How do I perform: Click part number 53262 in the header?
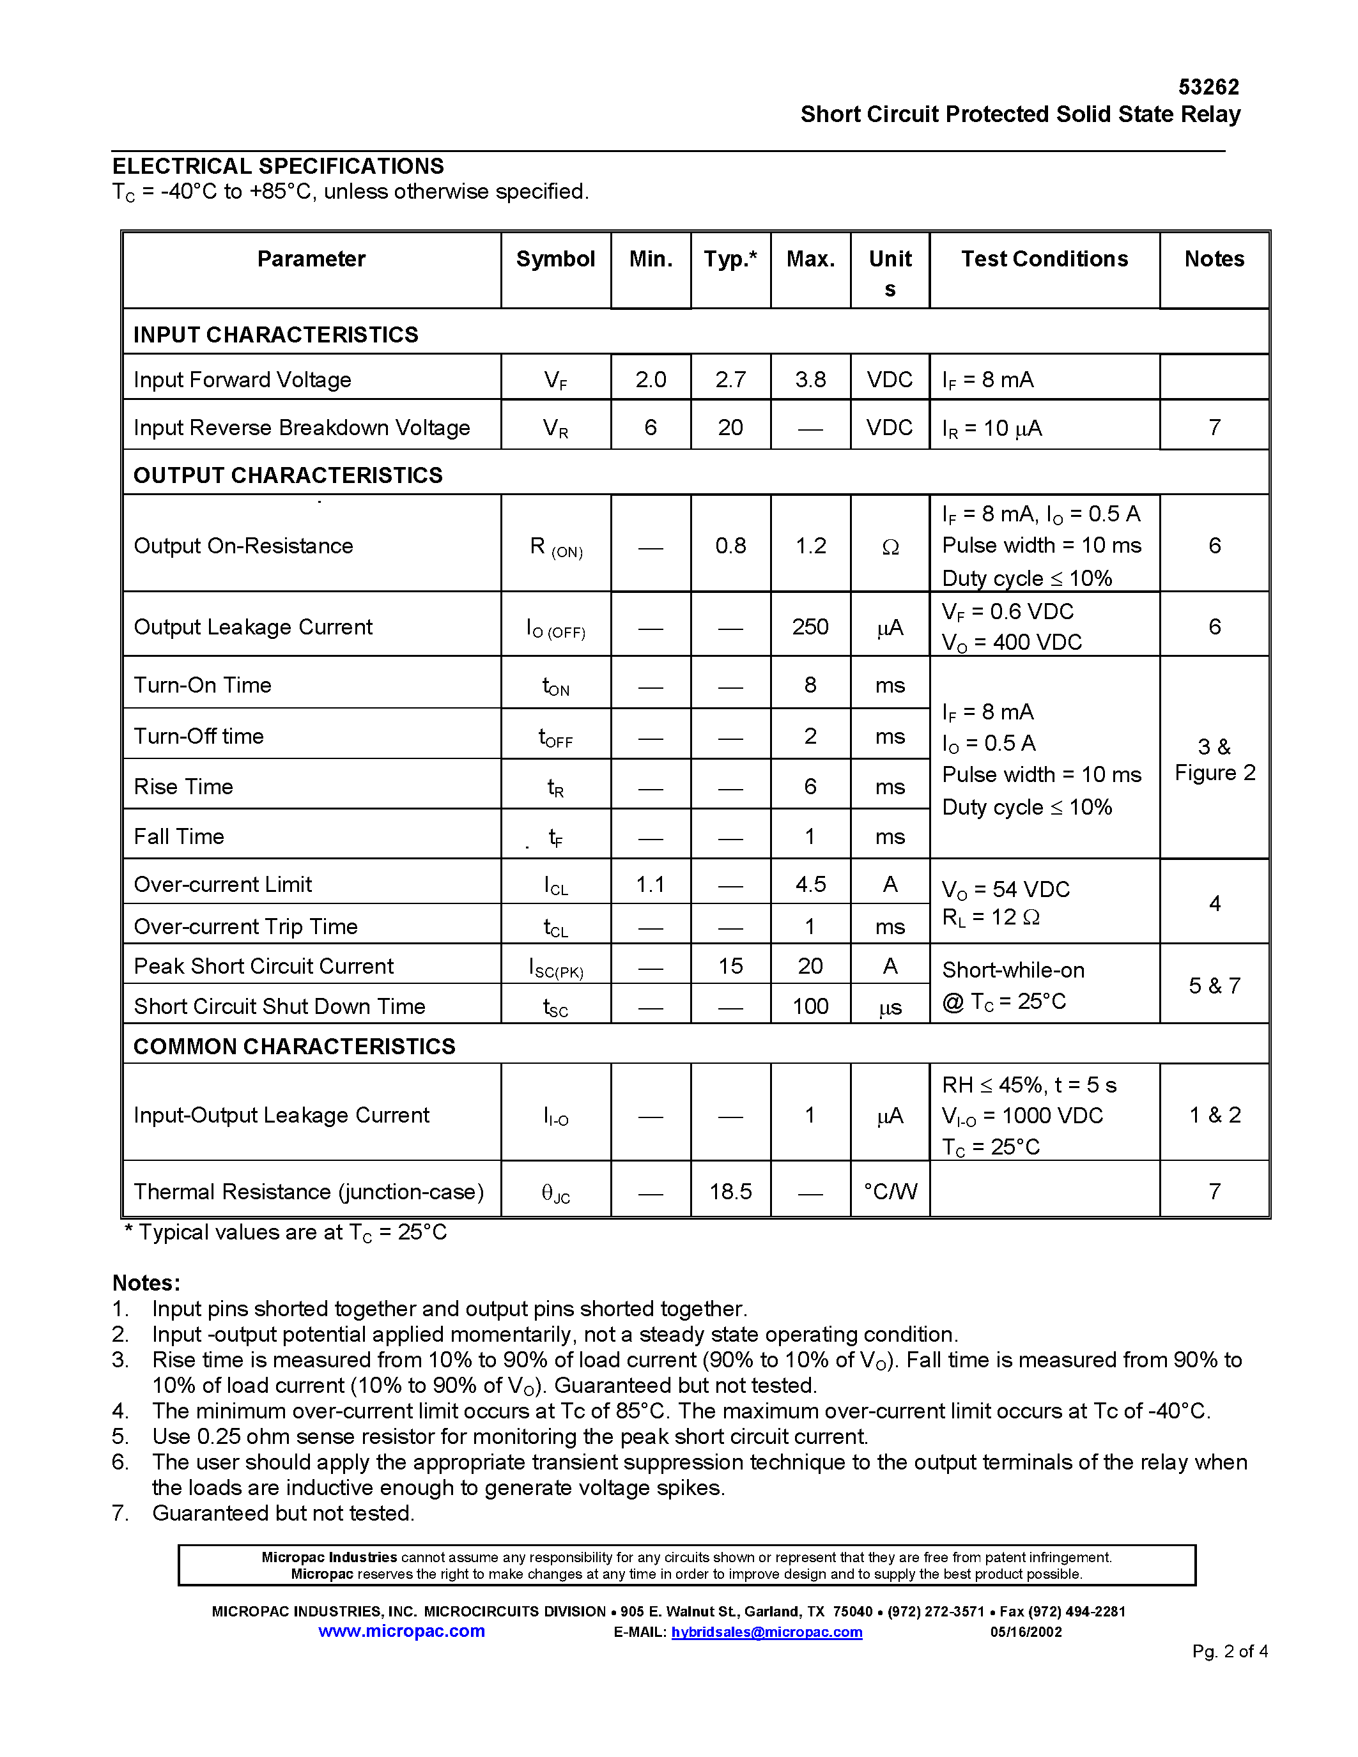click(1208, 87)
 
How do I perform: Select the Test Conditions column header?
click(1044, 259)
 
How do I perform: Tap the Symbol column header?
click(555, 259)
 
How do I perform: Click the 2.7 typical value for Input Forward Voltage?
click(730, 379)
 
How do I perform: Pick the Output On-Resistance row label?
click(243, 546)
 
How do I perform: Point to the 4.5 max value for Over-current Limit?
click(810, 884)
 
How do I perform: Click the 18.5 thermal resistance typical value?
click(730, 1192)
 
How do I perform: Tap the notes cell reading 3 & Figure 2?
click(1214, 760)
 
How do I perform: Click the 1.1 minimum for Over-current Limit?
click(650, 884)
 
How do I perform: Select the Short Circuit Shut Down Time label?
click(279, 1006)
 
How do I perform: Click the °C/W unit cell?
click(890, 1192)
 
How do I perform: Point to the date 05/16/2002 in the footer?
click(1026, 1632)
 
